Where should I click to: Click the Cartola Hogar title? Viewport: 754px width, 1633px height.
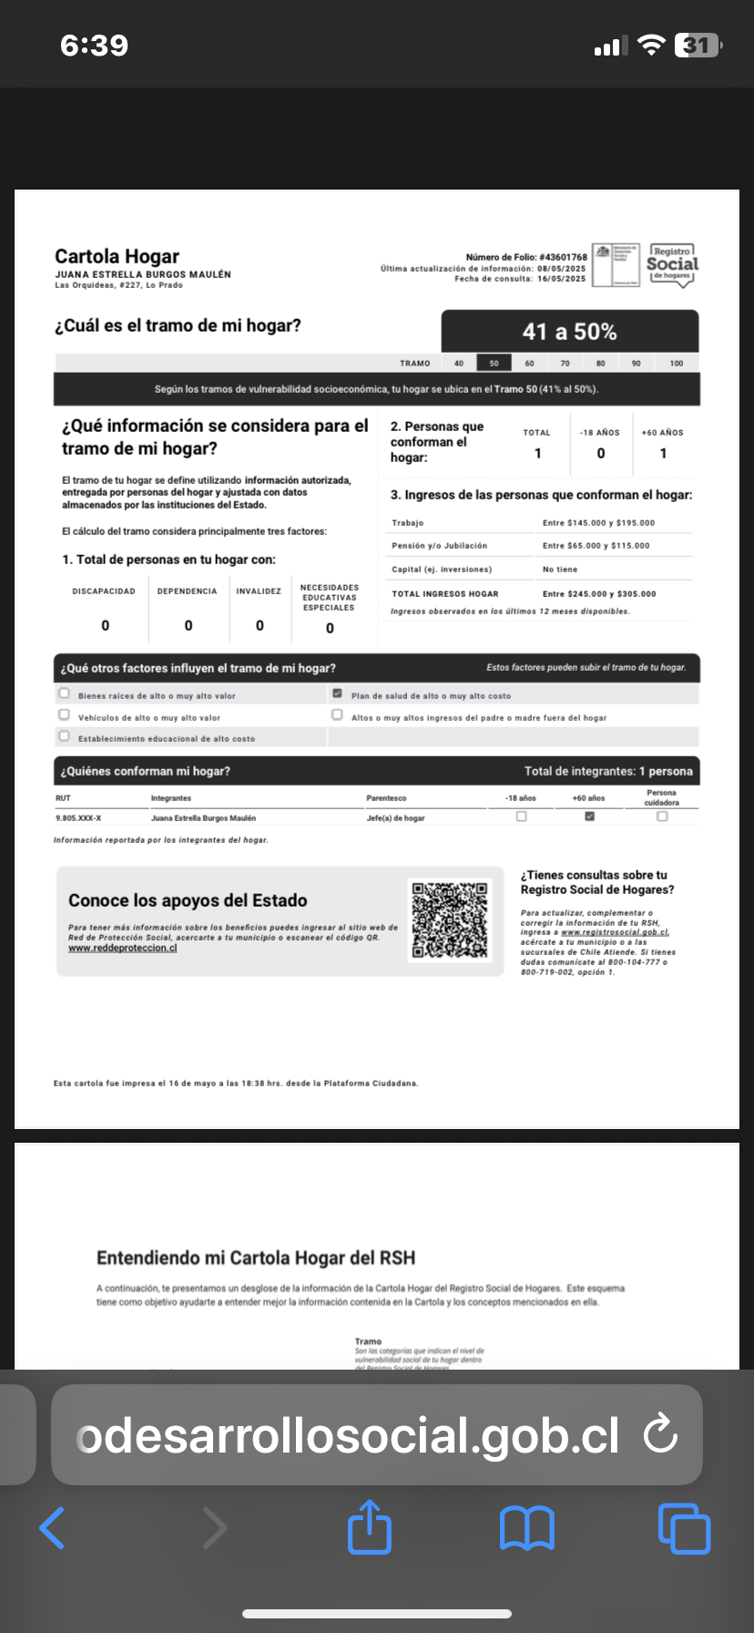point(117,257)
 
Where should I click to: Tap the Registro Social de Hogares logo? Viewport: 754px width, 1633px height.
point(672,265)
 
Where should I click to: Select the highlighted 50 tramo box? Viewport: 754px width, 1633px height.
point(494,363)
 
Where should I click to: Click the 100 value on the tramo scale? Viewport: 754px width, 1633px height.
point(676,363)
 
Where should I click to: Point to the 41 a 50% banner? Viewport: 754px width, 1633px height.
point(570,332)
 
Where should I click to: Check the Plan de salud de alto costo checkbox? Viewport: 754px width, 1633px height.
point(337,694)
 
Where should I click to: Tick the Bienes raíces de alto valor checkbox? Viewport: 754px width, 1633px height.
point(64,693)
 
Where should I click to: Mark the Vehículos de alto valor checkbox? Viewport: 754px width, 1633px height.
point(64,715)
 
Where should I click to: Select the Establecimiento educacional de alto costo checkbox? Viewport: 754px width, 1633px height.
point(64,736)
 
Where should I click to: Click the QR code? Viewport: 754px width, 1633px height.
point(450,920)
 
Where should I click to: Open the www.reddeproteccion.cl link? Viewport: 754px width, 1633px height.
point(123,948)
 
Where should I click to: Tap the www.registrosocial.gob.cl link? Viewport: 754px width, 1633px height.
point(616,932)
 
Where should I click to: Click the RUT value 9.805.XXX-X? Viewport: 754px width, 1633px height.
point(78,818)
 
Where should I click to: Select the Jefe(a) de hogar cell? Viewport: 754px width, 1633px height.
point(395,818)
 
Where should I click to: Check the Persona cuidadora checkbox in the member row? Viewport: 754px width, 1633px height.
point(662,816)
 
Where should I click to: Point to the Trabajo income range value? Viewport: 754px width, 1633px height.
point(598,523)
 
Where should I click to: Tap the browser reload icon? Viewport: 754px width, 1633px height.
point(659,1434)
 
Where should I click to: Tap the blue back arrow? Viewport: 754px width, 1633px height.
point(53,1528)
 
